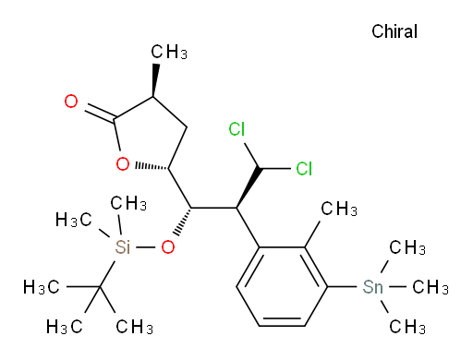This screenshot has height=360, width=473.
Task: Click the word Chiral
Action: [x=394, y=31]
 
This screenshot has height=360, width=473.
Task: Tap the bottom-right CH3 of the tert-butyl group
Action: [x=134, y=326]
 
